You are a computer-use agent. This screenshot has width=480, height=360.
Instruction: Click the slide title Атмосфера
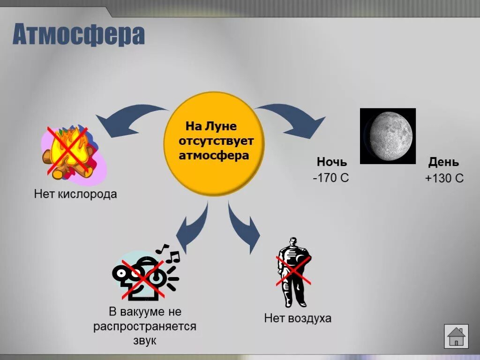(78, 35)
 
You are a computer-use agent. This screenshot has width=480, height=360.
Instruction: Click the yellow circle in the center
(214, 143)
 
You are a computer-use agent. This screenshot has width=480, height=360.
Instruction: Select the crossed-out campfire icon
(70, 151)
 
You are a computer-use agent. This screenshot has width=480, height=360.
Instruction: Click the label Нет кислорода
(75, 194)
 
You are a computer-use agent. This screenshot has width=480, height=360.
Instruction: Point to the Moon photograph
(388, 136)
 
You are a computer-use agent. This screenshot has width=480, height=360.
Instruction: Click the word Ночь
(332, 162)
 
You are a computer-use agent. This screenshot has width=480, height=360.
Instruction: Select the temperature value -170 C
(331, 178)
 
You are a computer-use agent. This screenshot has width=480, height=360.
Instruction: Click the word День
(443, 162)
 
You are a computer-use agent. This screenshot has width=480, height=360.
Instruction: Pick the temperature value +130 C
(444, 178)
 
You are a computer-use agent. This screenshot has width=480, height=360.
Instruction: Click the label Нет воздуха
(298, 318)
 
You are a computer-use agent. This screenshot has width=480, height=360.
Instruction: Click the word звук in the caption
(144, 341)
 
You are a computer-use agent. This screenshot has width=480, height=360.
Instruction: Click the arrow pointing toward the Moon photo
(295, 120)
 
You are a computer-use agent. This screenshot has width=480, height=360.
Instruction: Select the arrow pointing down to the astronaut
(244, 225)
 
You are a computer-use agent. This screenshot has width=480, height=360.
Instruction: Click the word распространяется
(144, 326)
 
